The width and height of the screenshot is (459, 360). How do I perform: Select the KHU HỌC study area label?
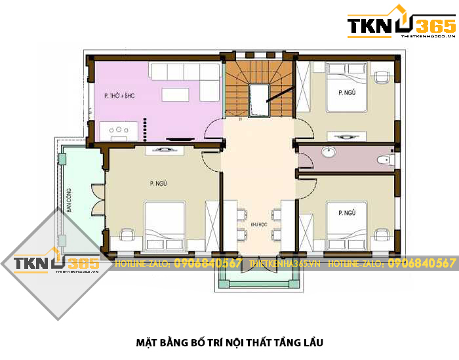tap(258, 224)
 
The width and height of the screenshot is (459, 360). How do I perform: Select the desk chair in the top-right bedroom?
tap(381, 77)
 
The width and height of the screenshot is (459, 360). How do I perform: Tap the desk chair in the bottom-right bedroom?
tap(381, 234)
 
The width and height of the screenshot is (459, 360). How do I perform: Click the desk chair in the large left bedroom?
tap(127, 233)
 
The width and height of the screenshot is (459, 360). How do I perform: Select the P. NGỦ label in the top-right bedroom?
tap(347, 92)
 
